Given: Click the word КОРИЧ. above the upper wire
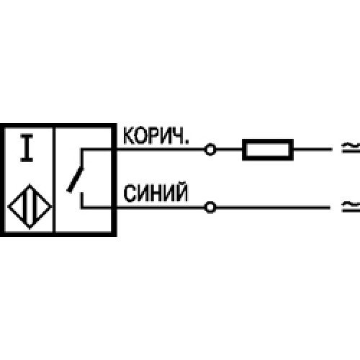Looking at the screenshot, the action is point(156,136).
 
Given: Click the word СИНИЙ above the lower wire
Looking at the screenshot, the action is point(156,193).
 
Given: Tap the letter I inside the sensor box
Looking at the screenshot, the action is point(27,148).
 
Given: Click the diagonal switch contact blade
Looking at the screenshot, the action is point(75,180).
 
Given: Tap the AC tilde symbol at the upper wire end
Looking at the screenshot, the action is point(351,148).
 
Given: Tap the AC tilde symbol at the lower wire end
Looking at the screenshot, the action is point(351,207).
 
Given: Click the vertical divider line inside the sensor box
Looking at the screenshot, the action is point(54,180).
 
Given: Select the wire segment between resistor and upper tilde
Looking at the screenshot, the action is point(312,149).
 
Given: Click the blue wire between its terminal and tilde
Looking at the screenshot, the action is point(273,207).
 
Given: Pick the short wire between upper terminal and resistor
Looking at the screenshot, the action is point(229,149).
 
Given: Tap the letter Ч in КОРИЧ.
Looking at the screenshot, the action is point(179,136).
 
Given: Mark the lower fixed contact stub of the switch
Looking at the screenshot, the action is point(82,199).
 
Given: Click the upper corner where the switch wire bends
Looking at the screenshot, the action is point(82,150).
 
